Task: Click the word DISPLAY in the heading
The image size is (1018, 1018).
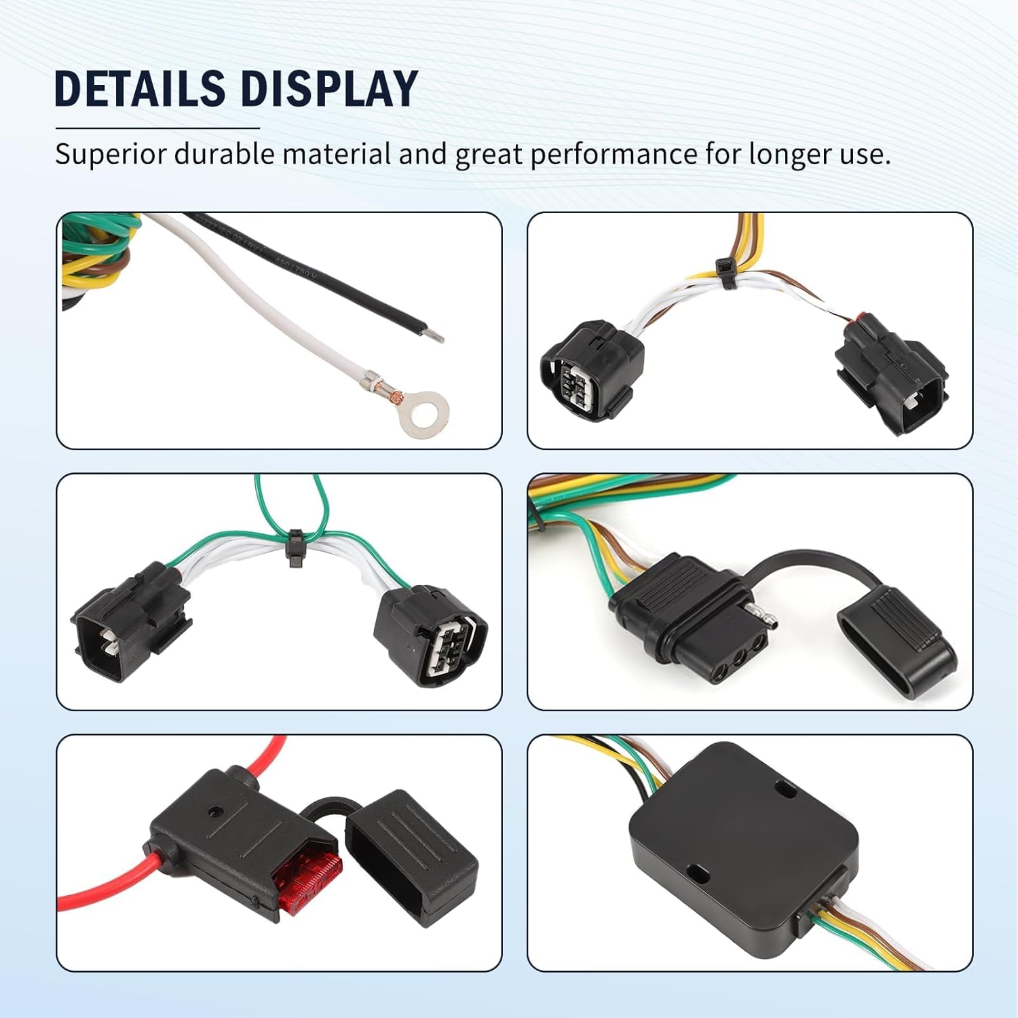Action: [x=328, y=88]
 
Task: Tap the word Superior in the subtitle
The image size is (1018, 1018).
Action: [x=109, y=154]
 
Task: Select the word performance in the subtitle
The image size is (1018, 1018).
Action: [x=613, y=154]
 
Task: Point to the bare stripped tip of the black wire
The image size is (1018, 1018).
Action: [x=433, y=334]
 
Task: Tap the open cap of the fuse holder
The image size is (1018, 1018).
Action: [x=411, y=856]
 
